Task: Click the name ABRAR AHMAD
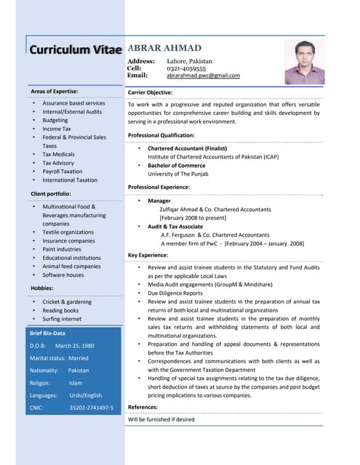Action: pos(164,48)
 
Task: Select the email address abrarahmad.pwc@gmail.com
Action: pos(203,76)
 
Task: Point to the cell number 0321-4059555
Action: pos(185,68)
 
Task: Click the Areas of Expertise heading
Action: pos(55,92)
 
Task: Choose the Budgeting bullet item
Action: pos(55,121)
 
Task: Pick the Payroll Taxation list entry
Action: pos(63,171)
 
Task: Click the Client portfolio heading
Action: pos(51,194)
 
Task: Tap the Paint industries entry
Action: pos(62,249)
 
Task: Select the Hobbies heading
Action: pos(42,288)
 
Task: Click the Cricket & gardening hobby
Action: pos(67,302)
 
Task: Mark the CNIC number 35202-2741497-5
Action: pos(92,408)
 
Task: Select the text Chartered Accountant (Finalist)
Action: pos(188,148)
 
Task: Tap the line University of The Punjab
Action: pos(178,174)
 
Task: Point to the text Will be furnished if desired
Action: pos(161,420)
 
